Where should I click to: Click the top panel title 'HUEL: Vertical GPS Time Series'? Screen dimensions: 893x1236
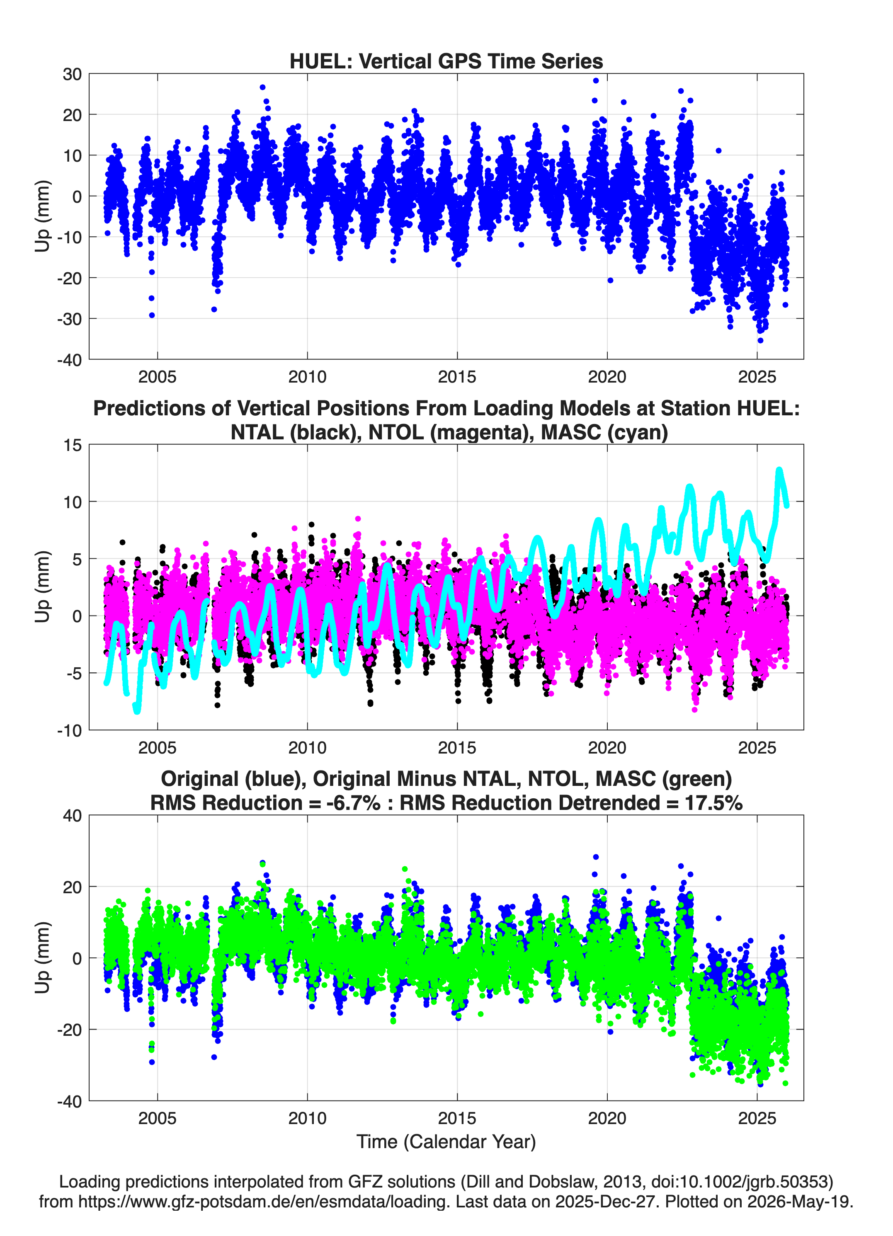(446, 61)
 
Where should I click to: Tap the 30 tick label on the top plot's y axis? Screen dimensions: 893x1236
(72, 74)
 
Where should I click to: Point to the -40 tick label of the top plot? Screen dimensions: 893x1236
(69, 360)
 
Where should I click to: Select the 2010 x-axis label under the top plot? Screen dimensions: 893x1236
(307, 377)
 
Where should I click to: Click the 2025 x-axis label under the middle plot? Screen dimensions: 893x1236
(757, 747)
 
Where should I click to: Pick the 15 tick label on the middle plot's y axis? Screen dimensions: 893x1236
(73, 445)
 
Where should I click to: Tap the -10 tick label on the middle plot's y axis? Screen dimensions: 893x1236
(69, 730)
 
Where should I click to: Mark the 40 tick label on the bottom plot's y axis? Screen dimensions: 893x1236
(72, 816)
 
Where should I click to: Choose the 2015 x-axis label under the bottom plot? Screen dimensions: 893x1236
(457, 1118)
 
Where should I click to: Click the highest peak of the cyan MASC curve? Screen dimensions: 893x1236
(779, 470)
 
